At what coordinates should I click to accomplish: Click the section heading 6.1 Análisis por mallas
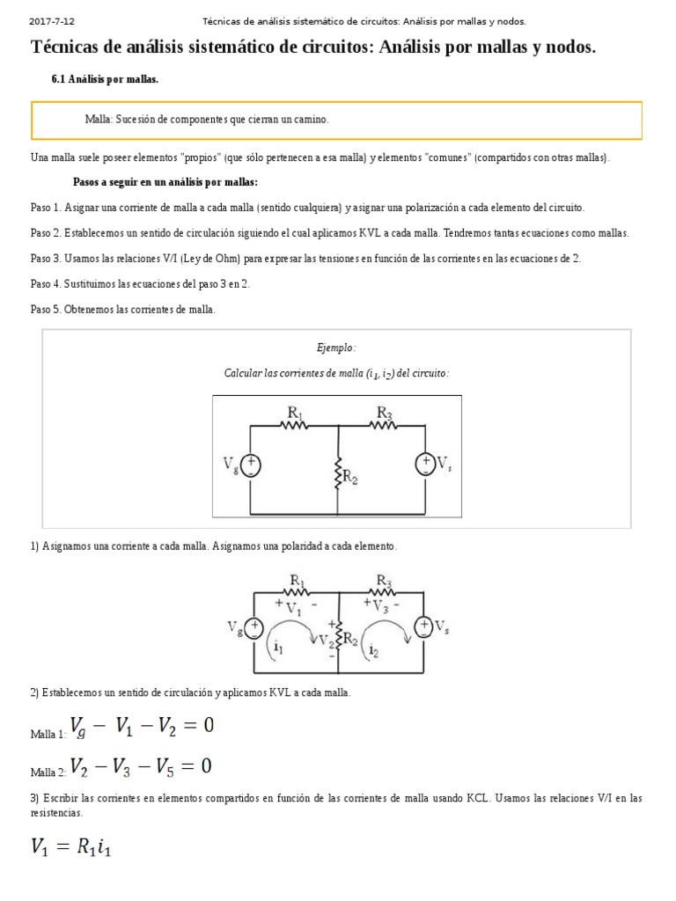coord(105,80)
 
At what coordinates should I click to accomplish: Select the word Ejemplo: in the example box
coord(336,348)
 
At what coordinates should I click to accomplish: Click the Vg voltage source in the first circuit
coord(251,465)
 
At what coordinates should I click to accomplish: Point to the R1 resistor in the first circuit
coord(293,424)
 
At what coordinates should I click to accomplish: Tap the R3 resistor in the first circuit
coord(383,424)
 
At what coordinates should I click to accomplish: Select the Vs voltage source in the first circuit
coord(424,465)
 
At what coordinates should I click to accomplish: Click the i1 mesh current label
coord(278,647)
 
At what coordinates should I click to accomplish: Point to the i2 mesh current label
coord(375,650)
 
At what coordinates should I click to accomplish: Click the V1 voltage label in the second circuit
coord(294,607)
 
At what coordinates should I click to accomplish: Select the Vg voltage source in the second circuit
coord(253,627)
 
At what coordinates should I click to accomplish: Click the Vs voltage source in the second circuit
coord(424,626)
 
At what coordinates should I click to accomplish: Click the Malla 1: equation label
coord(48,734)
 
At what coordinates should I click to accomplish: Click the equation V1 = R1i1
coord(72,847)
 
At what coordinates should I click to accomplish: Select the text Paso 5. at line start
coord(45,310)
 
